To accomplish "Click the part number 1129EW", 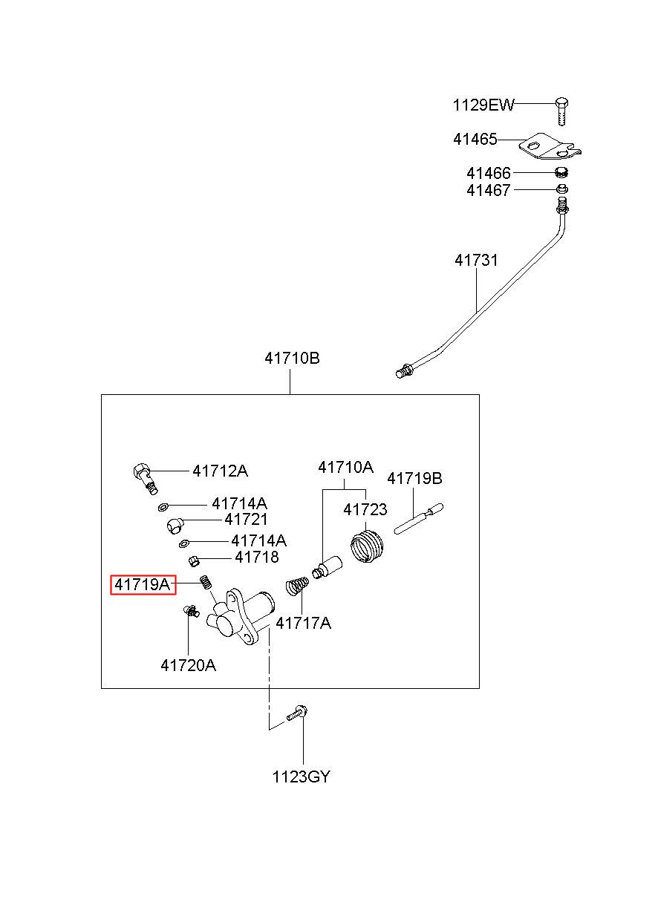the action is click(x=483, y=105).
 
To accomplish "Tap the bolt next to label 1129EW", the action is click(x=561, y=111).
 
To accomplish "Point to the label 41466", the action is click(x=488, y=174).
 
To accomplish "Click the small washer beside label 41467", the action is click(x=561, y=189).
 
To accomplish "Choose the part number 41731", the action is click(x=476, y=261).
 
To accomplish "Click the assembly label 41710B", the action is click(x=292, y=358).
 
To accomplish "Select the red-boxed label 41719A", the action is click(x=143, y=584).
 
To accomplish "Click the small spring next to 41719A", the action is click(x=206, y=581).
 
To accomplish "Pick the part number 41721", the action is click(x=246, y=520).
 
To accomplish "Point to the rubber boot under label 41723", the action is click(x=367, y=546).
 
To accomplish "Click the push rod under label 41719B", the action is click(x=418, y=518).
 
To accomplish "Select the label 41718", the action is click(x=256, y=557).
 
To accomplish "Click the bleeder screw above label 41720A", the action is click(x=190, y=611).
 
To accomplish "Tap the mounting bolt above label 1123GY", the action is click(x=297, y=715).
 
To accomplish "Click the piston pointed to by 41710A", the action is click(x=327, y=566).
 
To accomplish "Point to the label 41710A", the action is click(x=345, y=467).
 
